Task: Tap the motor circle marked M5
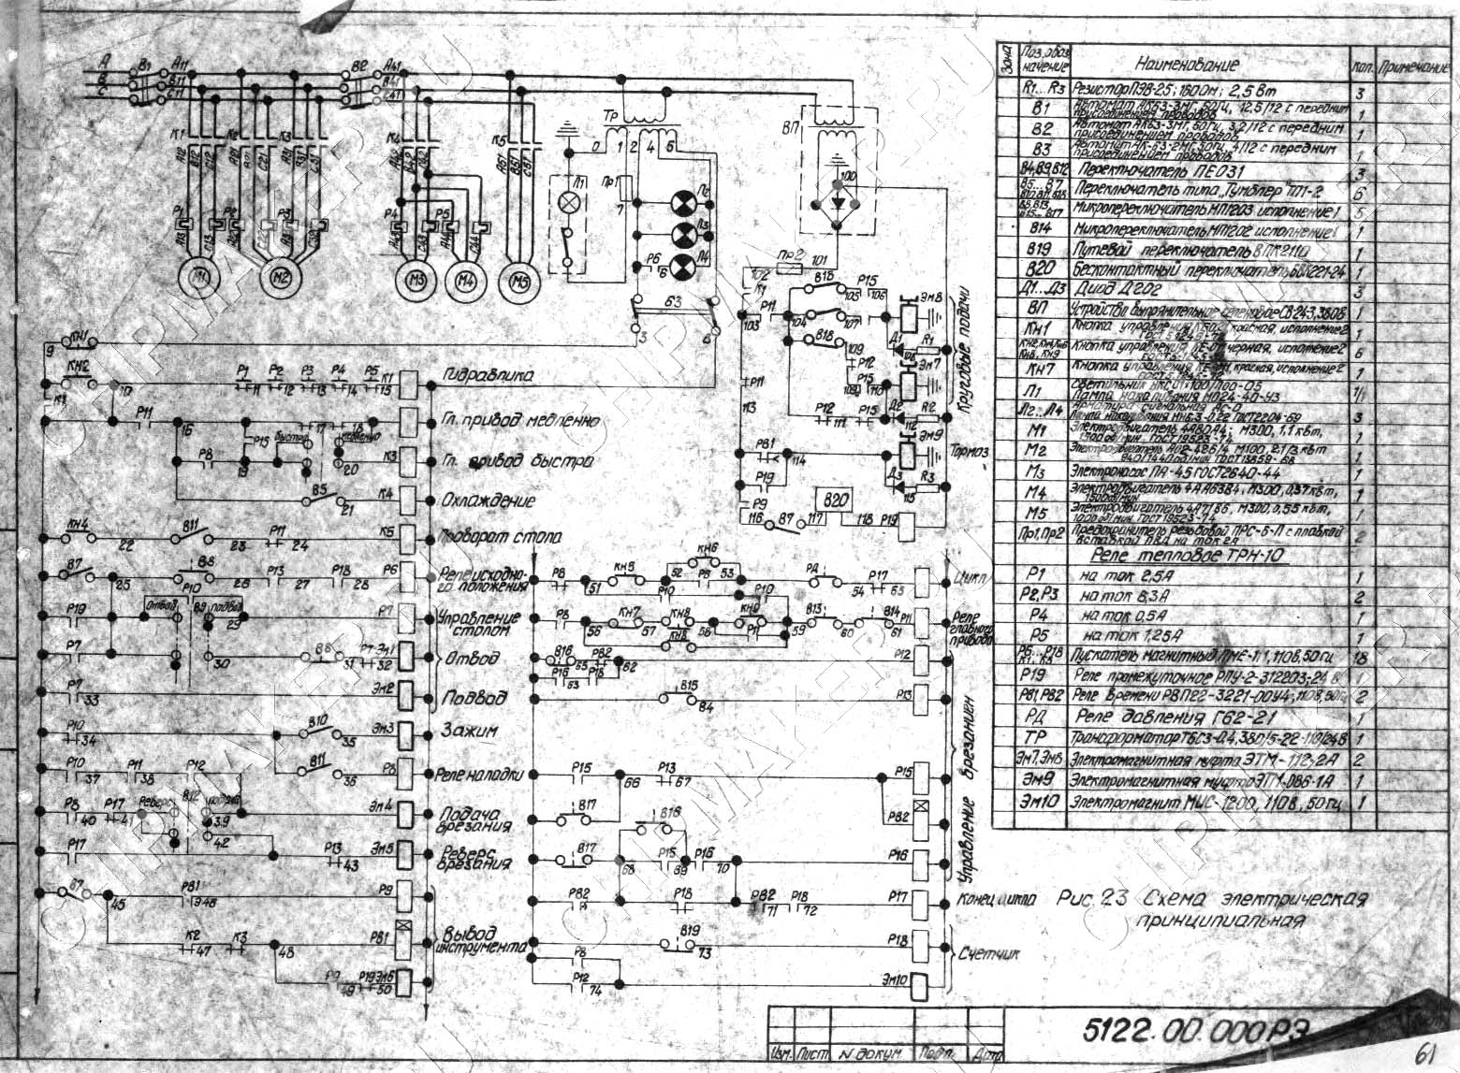pyautogui.click(x=520, y=279)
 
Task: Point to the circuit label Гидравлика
pyautogui.click(x=486, y=376)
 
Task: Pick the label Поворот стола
pyautogui.click(x=499, y=538)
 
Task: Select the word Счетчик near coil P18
pyautogui.click(x=989, y=954)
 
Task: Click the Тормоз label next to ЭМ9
pyautogui.click(x=971, y=452)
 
